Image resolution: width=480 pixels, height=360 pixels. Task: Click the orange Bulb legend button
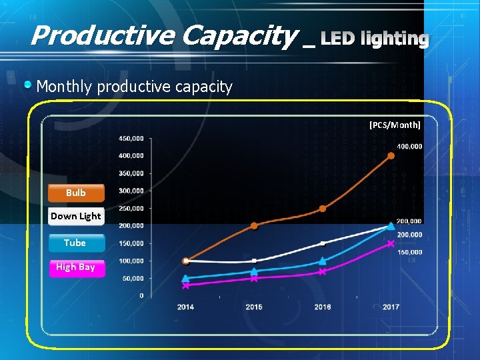[x=76, y=193]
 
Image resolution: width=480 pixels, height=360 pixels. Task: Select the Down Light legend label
[x=76, y=216]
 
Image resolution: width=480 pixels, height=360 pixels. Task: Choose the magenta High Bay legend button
[x=76, y=267]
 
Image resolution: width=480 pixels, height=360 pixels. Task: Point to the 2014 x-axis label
[x=186, y=307]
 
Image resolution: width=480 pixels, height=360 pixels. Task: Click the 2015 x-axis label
[x=254, y=307]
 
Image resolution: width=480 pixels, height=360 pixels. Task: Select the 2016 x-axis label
[x=323, y=307]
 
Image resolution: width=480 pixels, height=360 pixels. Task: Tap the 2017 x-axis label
[x=391, y=307]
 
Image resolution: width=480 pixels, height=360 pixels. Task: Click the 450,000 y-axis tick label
[x=131, y=139]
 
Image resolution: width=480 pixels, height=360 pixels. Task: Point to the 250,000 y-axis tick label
[x=131, y=208]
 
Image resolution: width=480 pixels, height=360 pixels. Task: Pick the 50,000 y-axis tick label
[x=133, y=278]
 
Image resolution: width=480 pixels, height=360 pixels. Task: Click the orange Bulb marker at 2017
[x=391, y=156]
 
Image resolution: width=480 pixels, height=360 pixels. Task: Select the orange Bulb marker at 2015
[x=254, y=225]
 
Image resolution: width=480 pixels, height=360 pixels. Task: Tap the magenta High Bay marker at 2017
[x=391, y=243]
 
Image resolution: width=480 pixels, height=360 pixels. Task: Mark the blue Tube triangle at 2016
[x=323, y=261]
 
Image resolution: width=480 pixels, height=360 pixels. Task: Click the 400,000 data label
[x=409, y=146]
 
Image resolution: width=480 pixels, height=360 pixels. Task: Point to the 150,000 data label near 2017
[x=409, y=252]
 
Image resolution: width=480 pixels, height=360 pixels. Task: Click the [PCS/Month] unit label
[x=395, y=125]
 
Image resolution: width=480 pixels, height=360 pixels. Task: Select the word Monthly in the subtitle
[x=65, y=87]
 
